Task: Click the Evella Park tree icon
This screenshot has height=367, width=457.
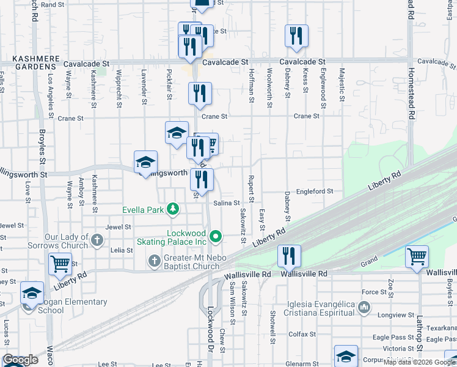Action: coord(174,209)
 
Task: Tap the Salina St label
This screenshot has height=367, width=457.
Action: coord(225,202)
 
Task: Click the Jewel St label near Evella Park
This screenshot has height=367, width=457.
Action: coord(118,227)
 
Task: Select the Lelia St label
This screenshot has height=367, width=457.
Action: coord(121,250)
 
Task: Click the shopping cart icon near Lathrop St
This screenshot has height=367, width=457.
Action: coord(417,257)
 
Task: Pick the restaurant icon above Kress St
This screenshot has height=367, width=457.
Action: coord(296,35)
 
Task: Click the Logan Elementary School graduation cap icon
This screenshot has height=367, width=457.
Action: coord(32,292)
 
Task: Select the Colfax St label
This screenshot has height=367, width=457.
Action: coord(301,335)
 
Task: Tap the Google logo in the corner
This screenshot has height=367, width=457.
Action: coord(20,360)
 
